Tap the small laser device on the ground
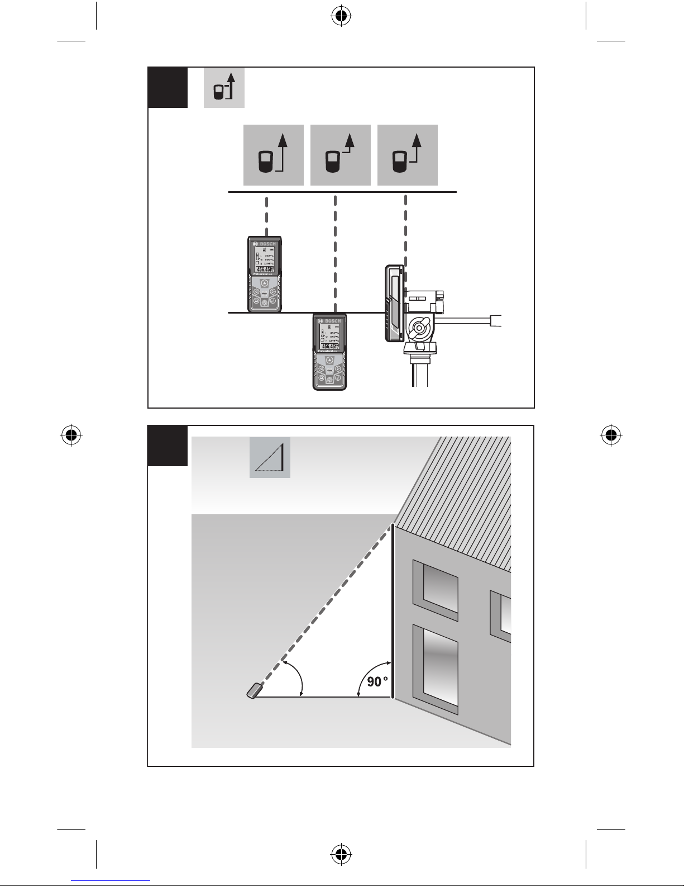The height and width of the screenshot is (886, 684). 255,690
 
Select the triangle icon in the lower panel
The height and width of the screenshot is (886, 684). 270,457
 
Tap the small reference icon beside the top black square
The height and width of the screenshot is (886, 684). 224,88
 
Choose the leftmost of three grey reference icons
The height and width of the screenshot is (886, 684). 273,155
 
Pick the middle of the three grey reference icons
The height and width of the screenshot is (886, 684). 340,155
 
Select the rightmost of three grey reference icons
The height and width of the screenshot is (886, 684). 407,155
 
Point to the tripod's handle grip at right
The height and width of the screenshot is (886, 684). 496,320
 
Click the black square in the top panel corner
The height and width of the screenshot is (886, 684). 168,87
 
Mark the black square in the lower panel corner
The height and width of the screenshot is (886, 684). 168,446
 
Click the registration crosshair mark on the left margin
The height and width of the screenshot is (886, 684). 71,434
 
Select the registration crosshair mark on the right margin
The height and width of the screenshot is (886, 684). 611,434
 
